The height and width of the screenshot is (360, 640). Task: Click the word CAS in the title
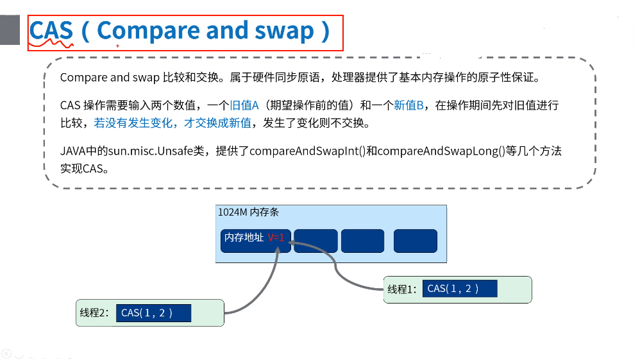tap(51, 30)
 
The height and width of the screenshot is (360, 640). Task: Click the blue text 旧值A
tap(244, 105)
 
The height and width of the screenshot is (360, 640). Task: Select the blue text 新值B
tap(408, 105)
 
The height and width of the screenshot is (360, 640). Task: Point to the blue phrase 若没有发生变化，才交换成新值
tap(173, 123)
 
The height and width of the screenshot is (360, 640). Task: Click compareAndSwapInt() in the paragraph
tap(307, 151)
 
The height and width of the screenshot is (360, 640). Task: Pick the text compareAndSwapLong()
tap(441, 151)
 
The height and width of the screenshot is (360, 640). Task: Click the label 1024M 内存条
tap(248, 212)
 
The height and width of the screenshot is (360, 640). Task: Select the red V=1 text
tap(276, 237)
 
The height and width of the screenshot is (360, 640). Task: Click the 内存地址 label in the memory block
tap(244, 237)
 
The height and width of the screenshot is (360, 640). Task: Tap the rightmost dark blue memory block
tap(415, 241)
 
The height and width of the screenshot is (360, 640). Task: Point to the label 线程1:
tap(401, 289)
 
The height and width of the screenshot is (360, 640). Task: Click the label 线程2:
tap(94, 313)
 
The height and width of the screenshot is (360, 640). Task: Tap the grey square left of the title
tap(10, 30)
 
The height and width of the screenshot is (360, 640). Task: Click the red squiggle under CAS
tap(51, 43)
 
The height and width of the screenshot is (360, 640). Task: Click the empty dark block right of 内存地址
tap(316, 241)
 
